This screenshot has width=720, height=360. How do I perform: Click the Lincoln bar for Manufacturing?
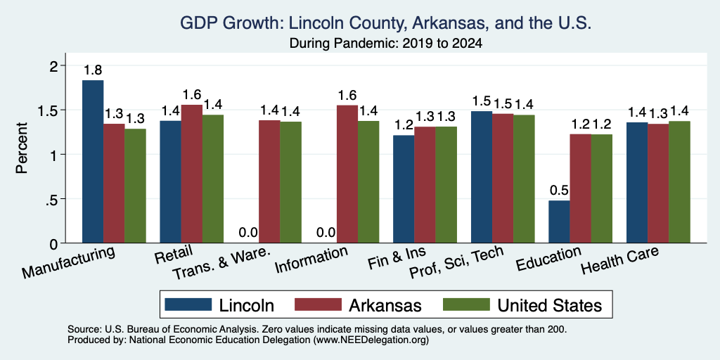point(93,162)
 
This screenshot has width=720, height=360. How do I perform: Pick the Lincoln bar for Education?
point(559,221)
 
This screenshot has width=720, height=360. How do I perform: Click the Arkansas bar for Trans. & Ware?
point(269,181)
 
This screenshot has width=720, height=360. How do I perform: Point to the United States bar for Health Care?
point(680,182)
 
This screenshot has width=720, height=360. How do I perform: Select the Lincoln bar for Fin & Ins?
point(404,189)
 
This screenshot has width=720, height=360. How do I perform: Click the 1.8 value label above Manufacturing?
point(93,70)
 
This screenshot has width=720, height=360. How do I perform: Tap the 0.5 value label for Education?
point(559,190)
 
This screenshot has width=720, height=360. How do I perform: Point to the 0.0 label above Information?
point(326,232)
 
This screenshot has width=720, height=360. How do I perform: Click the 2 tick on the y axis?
point(54,66)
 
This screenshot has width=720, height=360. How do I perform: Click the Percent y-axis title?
point(22,148)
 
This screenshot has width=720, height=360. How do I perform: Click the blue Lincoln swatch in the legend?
point(188,304)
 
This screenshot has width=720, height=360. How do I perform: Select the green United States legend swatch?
point(465,304)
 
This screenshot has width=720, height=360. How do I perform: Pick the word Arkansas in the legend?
point(385,305)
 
